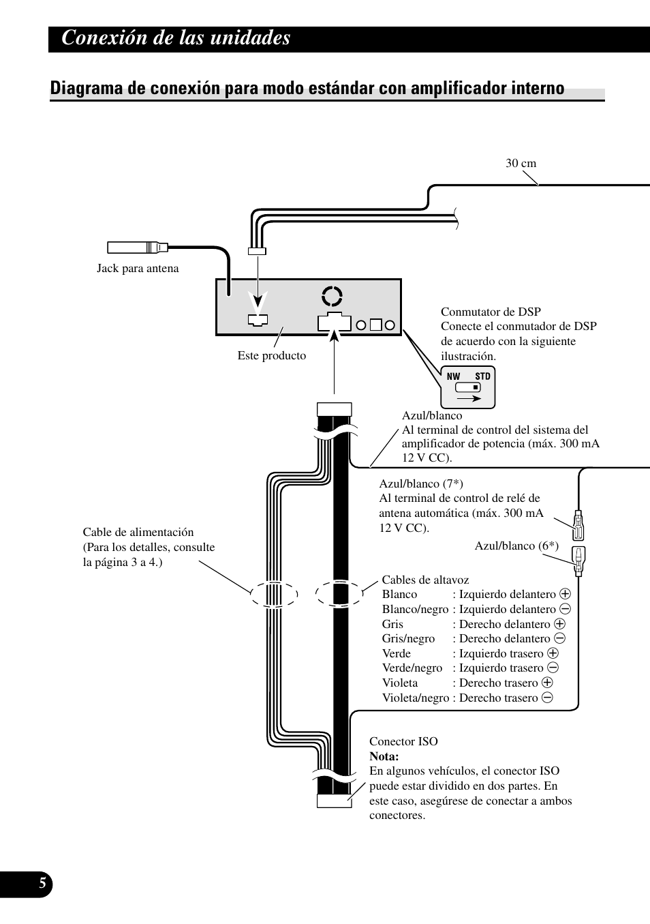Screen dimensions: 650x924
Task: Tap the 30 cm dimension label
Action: [x=521, y=164]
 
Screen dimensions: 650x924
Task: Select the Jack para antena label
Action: [x=138, y=269]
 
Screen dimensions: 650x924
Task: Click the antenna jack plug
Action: [x=138, y=248]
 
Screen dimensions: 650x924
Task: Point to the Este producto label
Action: [x=272, y=355]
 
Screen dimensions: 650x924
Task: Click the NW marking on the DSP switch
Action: [x=453, y=376]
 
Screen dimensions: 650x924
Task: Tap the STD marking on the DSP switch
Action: [x=482, y=376]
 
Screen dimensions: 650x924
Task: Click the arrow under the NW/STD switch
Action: [x=469, y=398]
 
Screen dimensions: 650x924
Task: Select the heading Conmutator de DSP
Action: [x=491, y=312]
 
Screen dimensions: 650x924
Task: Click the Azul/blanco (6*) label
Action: [x=516, y=546]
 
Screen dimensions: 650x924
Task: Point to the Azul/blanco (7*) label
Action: [x=421, y=483]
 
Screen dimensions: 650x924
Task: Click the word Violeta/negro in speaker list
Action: [x=416, y=698]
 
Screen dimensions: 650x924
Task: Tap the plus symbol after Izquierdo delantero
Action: [x=565, y=594]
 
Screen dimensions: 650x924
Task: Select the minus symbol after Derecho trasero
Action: [x=547, y=698]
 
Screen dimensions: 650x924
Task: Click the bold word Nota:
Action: [x=384, y=756]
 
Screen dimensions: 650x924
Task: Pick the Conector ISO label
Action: [x=403, y=741]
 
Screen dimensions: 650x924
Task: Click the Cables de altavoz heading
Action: [x=425, y=580]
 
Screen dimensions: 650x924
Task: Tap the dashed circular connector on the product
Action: [x=332, y=296]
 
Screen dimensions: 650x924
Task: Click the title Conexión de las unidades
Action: [x=176, y=38]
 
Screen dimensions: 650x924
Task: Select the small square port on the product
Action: [x=375, y=325]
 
